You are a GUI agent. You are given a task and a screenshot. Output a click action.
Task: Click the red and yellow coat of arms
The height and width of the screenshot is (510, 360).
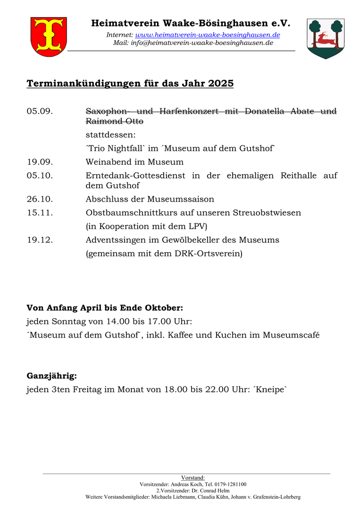[x=49, y=36]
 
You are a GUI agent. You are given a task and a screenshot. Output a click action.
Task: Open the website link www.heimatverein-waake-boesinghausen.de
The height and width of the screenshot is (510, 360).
[x=208, y=35]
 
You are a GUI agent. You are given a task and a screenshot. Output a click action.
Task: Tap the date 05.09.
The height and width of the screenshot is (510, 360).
[x=40, y=111]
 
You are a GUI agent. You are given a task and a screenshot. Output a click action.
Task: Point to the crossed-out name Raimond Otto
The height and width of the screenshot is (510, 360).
[x=115, y=121]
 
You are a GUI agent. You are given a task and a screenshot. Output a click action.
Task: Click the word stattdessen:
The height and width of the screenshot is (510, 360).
[x=110, y=135]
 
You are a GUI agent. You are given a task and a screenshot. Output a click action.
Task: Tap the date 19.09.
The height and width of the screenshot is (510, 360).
[x=40, y=162]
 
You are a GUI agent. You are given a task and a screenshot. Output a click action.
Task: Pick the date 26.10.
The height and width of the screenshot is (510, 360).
[x=40, y=199]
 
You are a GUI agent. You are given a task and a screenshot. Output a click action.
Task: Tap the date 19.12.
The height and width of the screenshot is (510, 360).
[x=40, y=240]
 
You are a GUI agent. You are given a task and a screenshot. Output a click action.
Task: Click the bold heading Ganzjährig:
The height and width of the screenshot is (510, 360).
[x=51, y=376]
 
